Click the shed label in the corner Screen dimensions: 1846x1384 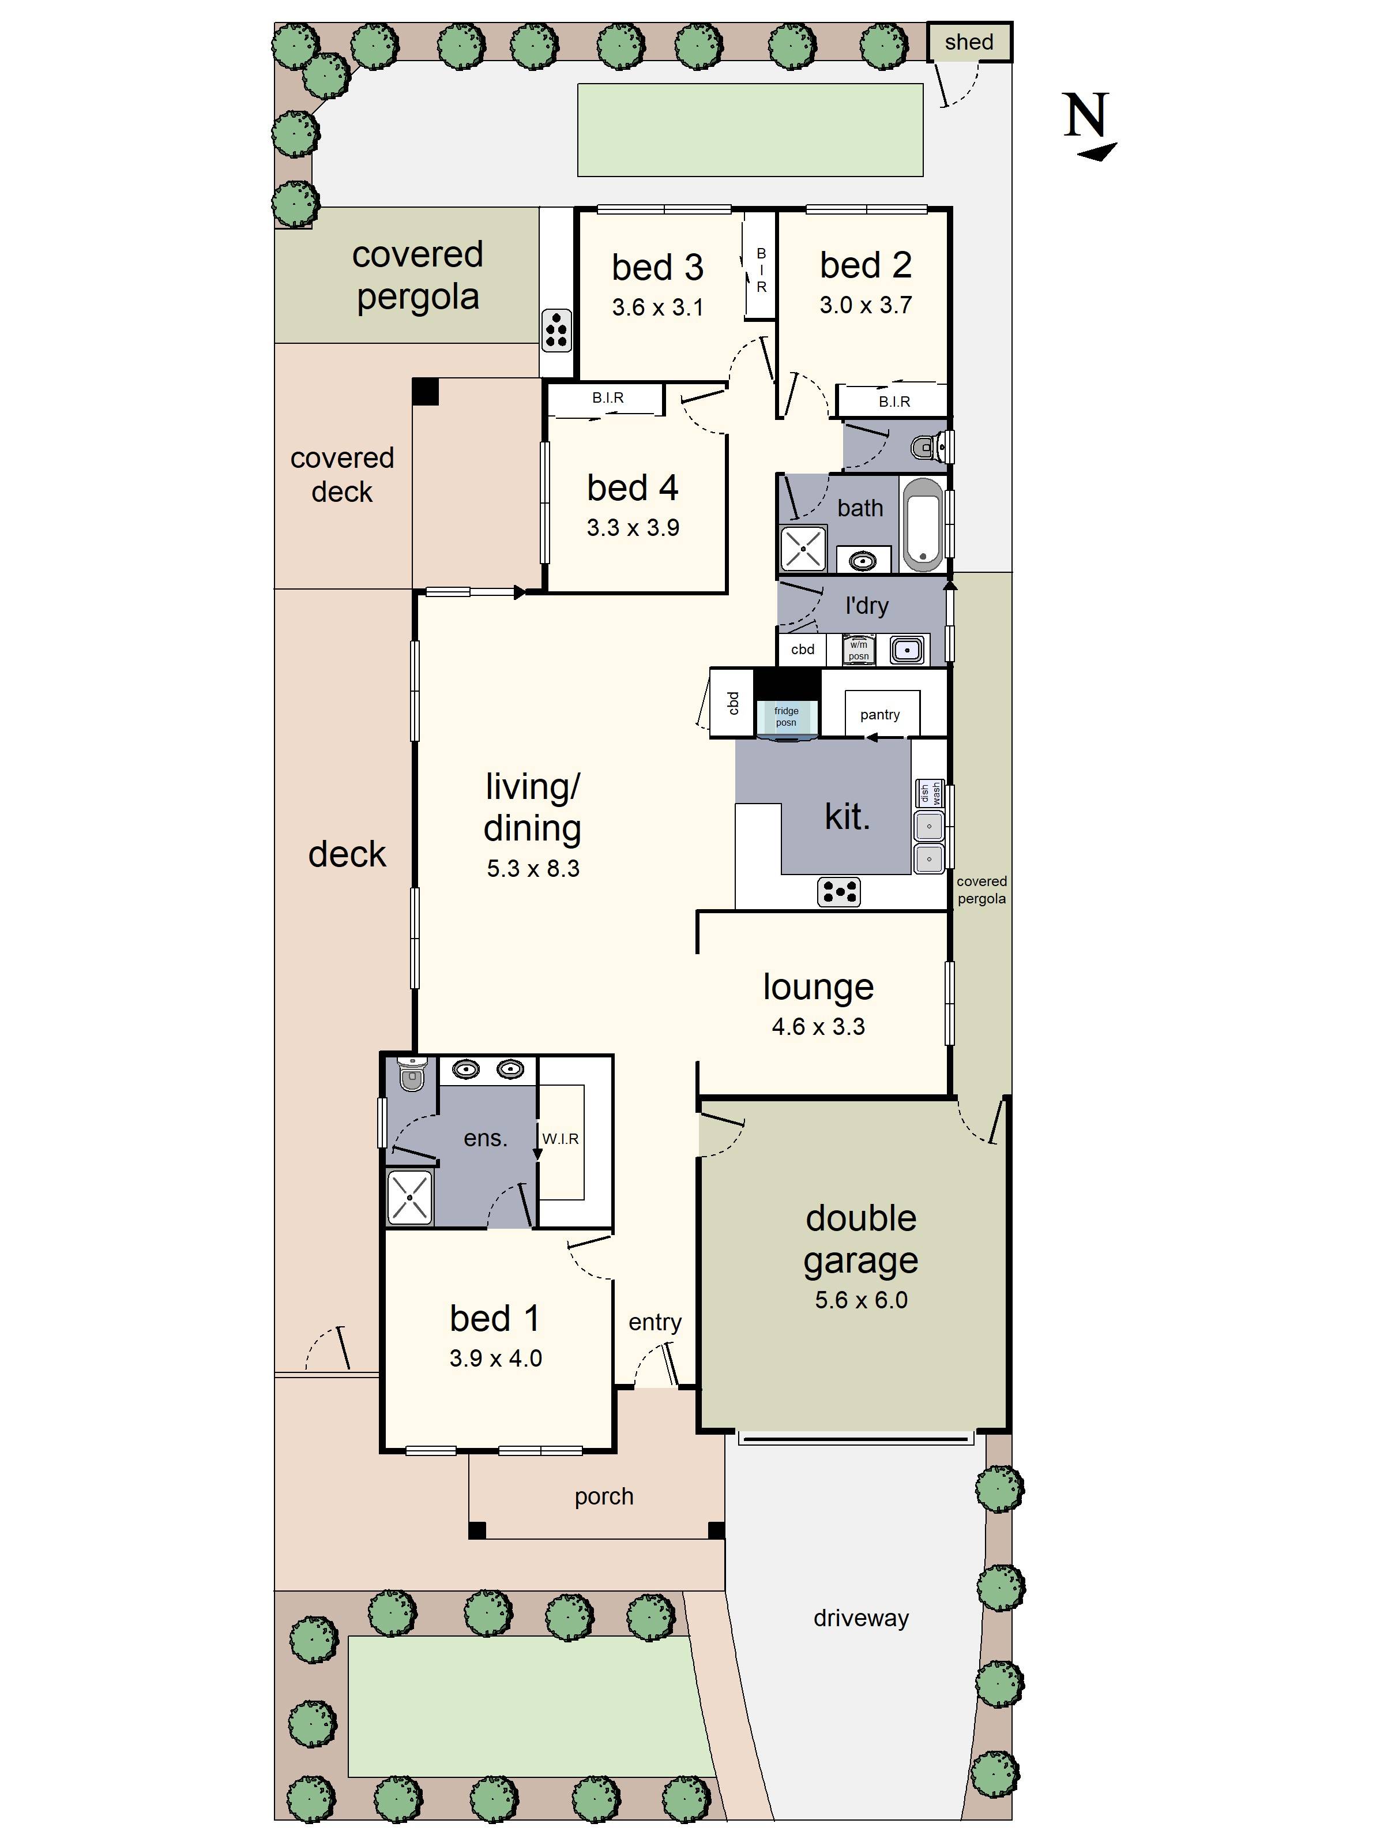969,42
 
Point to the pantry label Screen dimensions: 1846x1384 879,714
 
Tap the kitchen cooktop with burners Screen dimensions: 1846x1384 838,891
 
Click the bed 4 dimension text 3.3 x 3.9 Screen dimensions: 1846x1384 633,527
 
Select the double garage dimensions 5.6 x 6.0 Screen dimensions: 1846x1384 861,1299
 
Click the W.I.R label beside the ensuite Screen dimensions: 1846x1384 560,1138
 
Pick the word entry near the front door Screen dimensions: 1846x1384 655,1322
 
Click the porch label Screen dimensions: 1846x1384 603,1496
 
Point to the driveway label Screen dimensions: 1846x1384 861,1618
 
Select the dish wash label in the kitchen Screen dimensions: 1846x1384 930,793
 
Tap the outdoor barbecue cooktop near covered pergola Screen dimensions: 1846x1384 556,329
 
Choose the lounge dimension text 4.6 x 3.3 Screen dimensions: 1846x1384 818,1026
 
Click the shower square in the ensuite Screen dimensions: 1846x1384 409,1198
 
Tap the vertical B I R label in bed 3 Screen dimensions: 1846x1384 761,269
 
